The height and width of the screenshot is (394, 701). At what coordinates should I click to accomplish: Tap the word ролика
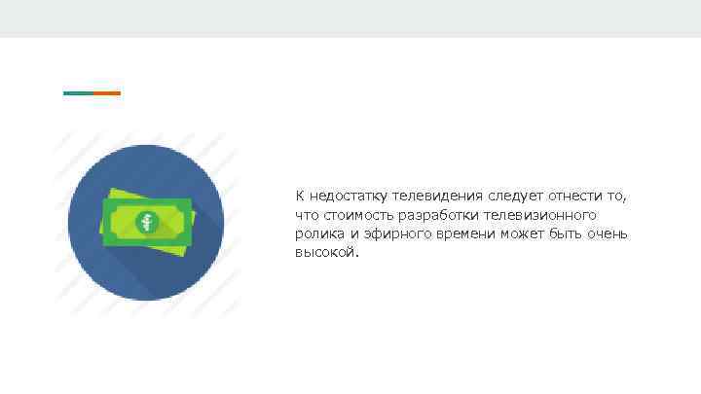(316, 233)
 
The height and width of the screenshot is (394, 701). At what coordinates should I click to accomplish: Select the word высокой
(326, 252)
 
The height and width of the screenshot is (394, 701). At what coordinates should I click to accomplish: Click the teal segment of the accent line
(78, 93)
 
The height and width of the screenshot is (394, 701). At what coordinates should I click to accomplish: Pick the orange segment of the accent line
(106, 93)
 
